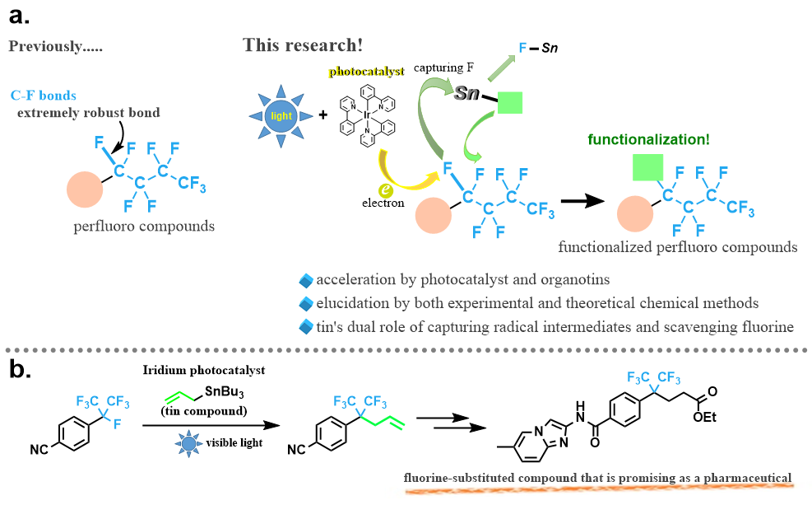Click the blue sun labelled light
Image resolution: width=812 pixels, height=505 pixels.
coord(281,116)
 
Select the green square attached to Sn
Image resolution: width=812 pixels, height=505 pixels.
coord(511,102)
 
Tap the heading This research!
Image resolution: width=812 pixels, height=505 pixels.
coord(303,44)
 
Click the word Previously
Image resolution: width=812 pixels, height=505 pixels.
coord(56,45)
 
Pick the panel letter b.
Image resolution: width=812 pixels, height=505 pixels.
coord(19,368)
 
